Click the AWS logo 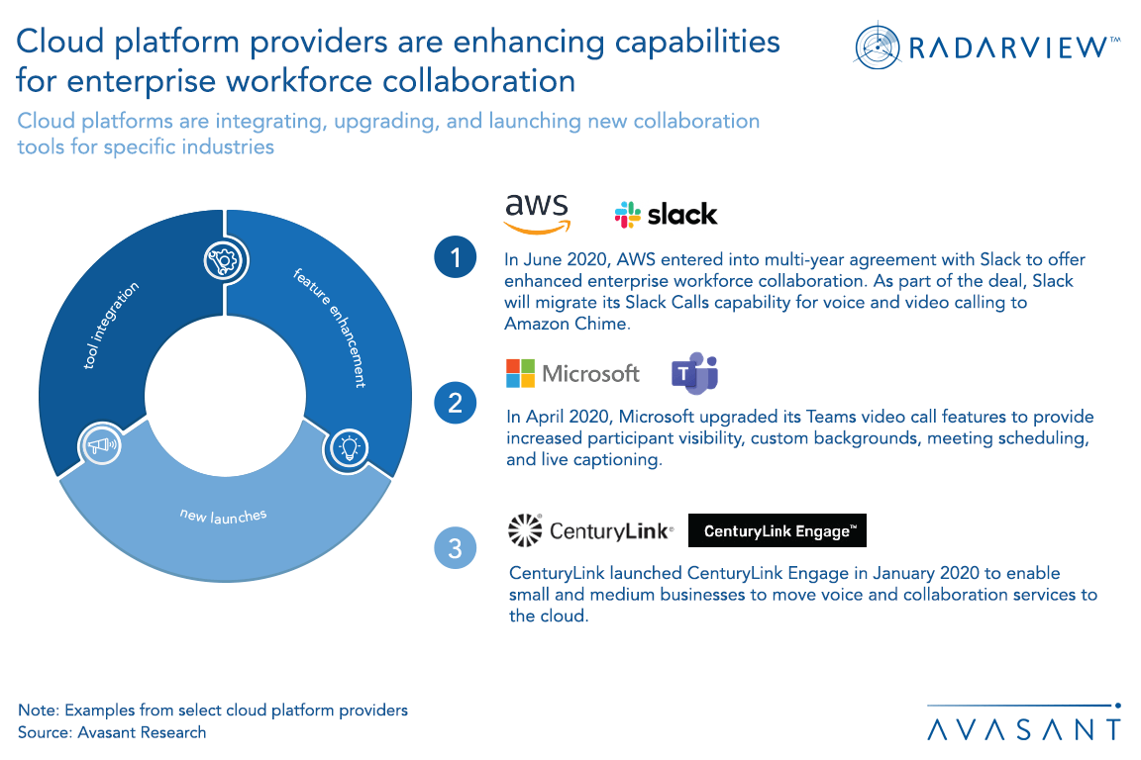coord(537,213)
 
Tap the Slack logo coord(666,214)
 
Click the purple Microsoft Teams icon coord(694,373)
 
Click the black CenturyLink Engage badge coord(777,531)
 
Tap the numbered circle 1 coord(456,259)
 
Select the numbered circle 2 coord(456,403)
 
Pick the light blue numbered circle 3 coord(456,548)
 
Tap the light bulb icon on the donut coord(349,446)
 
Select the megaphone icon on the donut coord(101,446)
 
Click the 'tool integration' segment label coord(112,327)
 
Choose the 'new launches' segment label coord(224,515)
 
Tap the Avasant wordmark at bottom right coord(1024,730)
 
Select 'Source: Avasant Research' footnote coord(112,732)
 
